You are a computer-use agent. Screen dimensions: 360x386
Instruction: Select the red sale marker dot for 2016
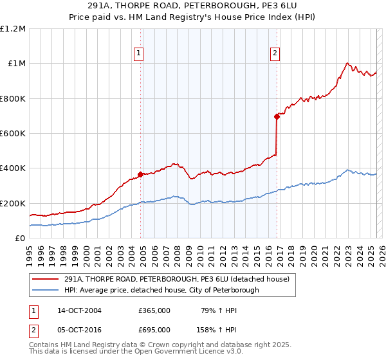(x=277, y=116)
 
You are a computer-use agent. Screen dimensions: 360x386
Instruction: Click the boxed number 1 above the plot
(x=139, y=53)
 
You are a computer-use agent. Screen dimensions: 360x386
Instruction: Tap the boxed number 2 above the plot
(x=275, y=53)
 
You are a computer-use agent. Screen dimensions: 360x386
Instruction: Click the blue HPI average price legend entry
(x=161, y=291)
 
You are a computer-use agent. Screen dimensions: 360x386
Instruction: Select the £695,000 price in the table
(x=154, y=329)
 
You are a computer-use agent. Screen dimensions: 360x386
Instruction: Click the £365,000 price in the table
(x=154, y=310)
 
